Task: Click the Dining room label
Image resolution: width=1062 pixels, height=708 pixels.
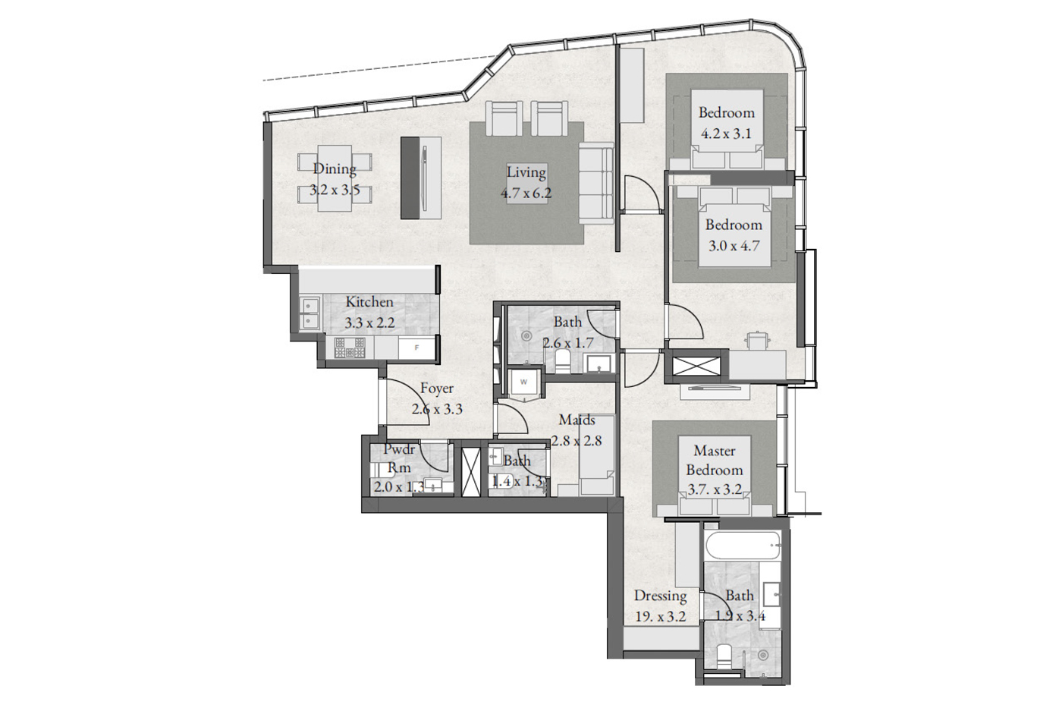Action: point(335,168)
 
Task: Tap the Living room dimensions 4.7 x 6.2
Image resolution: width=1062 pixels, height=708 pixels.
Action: point(526,193)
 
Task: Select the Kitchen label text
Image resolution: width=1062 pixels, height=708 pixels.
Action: point(369,301)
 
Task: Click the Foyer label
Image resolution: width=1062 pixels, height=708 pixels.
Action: point(437,389)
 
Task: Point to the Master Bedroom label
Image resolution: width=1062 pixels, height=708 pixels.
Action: point(715,460)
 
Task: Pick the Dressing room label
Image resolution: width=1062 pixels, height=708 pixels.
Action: point(661,596)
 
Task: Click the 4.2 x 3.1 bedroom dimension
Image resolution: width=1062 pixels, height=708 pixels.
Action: point(727,134)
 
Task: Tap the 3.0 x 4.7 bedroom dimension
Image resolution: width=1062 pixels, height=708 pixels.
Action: point(734,246)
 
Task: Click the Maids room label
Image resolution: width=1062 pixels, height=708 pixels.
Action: point(577,420)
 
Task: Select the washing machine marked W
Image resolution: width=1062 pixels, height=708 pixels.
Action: point(524,382)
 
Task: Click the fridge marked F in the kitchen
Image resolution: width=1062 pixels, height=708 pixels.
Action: point(416,348)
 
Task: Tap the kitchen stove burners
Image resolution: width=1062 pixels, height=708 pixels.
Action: point(350,348)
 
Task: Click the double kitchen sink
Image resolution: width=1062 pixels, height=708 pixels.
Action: point(309,313)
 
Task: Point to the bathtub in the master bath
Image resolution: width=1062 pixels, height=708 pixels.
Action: point(743,546)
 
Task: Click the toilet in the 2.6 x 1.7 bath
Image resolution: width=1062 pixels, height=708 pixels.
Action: point(563,361)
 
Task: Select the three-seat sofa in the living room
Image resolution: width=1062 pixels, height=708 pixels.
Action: point(596,186)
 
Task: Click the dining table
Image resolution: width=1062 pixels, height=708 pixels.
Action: point(335,178)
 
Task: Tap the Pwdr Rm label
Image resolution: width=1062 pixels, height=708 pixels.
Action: point(399,458)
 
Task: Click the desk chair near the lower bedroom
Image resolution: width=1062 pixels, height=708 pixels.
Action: point(758,341)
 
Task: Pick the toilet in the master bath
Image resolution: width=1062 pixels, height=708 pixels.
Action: point(724,657)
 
